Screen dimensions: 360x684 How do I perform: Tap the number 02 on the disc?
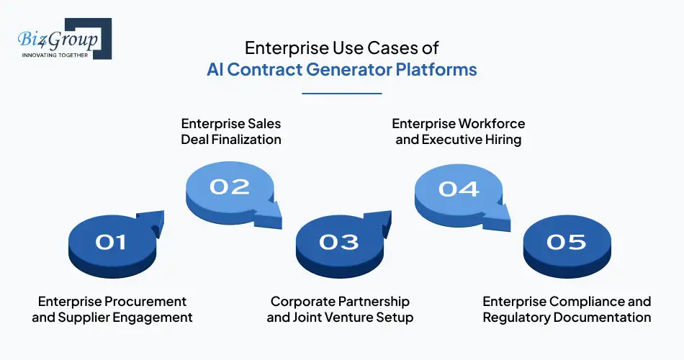click(x=230, y=187)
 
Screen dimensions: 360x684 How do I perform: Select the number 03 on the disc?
click(x=338, y=242)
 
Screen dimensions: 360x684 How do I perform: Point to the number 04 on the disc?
click(x=459, y=189)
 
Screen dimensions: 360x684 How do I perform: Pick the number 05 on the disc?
click(x=567, y=242)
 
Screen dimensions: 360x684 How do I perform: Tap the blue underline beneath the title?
click(x=341, y=93)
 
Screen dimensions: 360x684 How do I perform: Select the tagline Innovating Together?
click(x=55, y=54)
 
